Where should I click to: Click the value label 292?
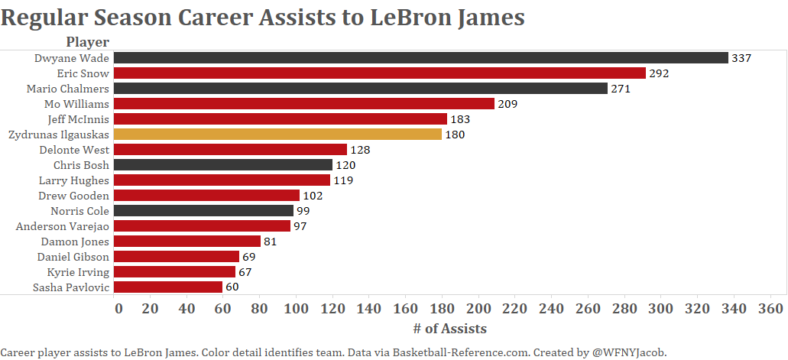pyautogui.click(x=660, y=73)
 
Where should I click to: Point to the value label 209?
pyautogui.click(x=507, y=104)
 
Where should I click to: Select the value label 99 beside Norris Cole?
pyautogui.click(x=303, y=211)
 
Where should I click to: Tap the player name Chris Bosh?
pyautogui.click(x=81, y=165)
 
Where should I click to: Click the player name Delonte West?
pyautogui.click(x=74, y=150)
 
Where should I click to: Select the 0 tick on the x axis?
pyautogui.click(x=118, y=309)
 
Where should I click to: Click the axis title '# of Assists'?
pyautogui.click(x=449, y=329)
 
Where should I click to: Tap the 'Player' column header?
pyautogui.click(x=87, y=42)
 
